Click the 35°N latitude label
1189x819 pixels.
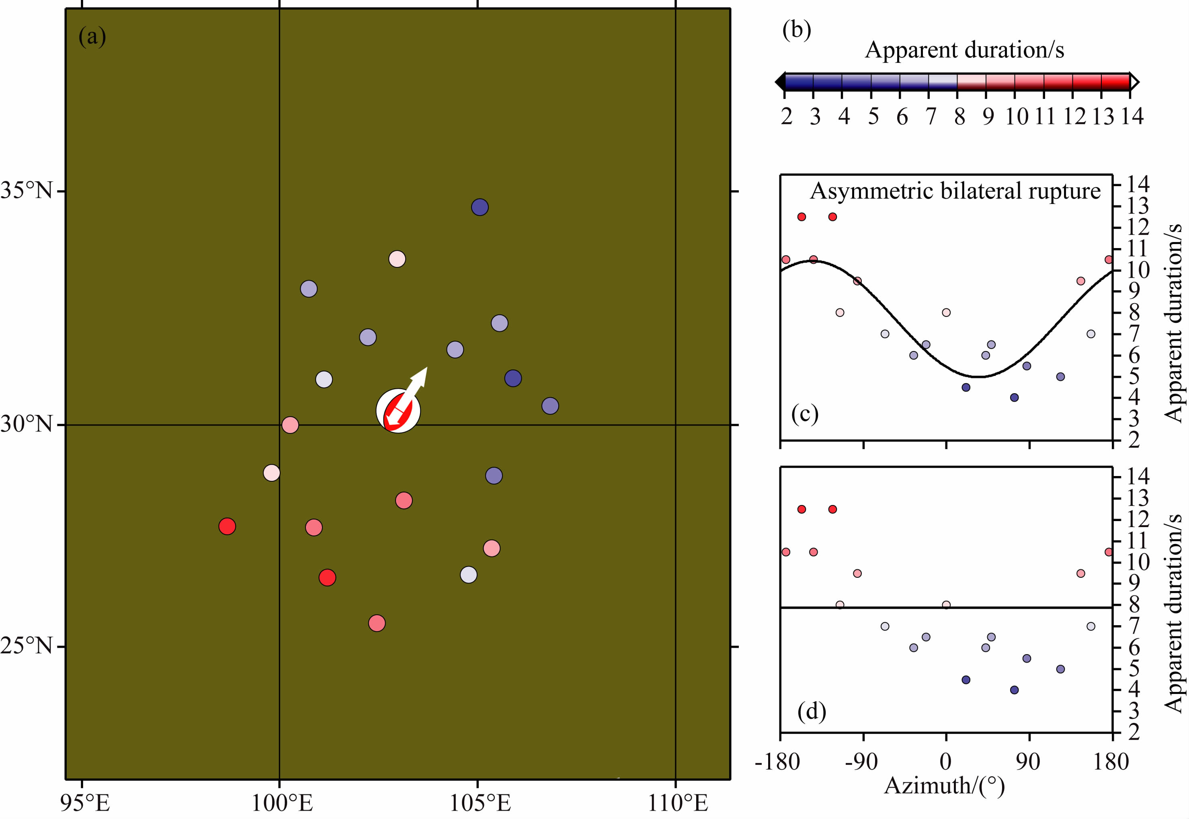[x=27, y=191]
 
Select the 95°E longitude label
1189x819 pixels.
[x=85, y=803]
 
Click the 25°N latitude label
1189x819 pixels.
[x=27, y=646]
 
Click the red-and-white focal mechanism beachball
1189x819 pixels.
[x=398, y=411]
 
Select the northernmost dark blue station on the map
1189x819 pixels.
[x=480, y=207]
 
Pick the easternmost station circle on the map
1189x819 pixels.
[x=550, y=406]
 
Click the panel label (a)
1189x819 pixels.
[x=92, y=37]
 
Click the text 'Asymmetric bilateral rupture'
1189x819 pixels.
[x=955, y=191]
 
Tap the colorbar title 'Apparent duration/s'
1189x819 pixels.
[x=964, y=50]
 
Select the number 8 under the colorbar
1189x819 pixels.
[x=959, y=117]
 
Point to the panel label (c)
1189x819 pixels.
[x=805, y=414]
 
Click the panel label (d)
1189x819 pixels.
[x=812, y=711]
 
